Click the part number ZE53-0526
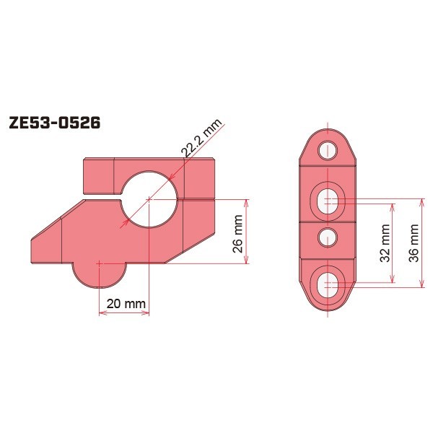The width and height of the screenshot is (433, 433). (54, 122)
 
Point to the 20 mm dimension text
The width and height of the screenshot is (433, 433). (124, 304)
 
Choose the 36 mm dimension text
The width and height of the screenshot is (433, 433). (414, 243)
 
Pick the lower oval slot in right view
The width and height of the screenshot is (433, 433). (328, 282)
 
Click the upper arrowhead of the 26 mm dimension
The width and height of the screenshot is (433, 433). (248, 201)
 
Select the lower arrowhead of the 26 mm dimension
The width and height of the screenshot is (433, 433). (248, 261)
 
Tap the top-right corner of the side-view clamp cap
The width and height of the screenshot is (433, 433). (214, 160)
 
